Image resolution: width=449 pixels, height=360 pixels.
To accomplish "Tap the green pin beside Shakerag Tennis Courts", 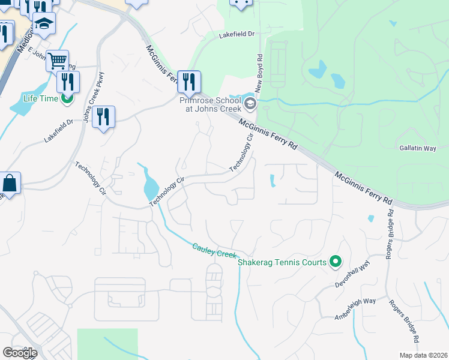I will coord(336,262).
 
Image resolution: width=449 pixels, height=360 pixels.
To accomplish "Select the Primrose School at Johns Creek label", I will coord(210,104).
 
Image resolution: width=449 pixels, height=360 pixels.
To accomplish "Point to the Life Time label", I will coord(40,98).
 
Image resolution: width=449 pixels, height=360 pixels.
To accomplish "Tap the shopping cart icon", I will coord(57,60).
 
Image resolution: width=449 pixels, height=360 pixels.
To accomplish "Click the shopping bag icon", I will coord(10,182).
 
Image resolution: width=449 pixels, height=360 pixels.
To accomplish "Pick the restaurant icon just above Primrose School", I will coord(189,81).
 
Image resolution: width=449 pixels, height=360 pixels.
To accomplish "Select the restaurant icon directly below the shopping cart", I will coord(68,81).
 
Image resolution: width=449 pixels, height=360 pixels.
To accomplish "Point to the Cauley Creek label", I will coord(214,251).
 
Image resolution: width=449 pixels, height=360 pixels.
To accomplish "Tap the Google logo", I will coord(20,352).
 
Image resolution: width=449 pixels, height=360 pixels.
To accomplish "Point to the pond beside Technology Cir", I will coord(149,188).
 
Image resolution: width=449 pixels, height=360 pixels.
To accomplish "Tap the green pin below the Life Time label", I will coord(67,97).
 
